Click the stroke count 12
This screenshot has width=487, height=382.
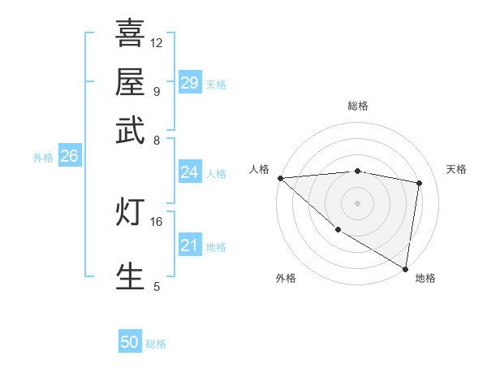click(x=157, y=42)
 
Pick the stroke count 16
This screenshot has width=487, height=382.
click(x=157, y=221)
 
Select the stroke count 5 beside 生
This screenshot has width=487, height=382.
click(x=157, y=286)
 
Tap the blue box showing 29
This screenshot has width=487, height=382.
click(x=189, y=83)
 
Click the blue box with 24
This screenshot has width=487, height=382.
click(x=189, y=172)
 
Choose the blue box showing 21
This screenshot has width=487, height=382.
click(x=189, y=245)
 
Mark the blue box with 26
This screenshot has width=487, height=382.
click(x=69, y=156)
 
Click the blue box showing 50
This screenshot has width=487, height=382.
click(x=130, y=343)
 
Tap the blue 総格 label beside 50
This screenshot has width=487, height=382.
click(x=156, y=344)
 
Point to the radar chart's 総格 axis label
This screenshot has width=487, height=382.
click(x=358, y=106)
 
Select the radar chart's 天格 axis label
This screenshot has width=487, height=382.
click(x=456, y=169)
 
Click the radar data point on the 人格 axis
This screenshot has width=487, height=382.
click(x=280, y=178)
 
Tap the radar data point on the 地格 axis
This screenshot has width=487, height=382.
click(x=406, y=268)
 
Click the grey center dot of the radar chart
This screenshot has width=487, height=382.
click(x=358, y=202)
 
